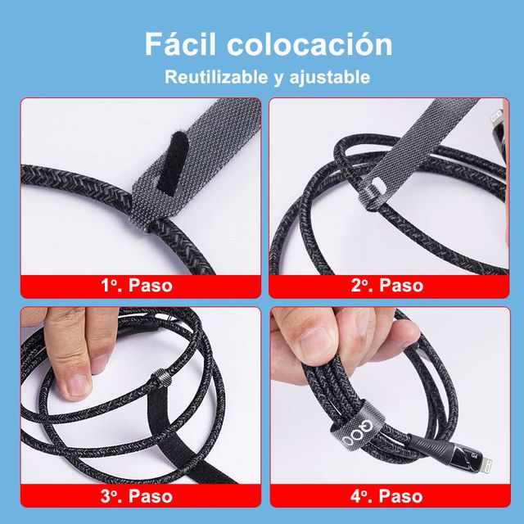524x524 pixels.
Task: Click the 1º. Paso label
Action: point(137,286)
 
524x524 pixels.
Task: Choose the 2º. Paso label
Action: point(387,286)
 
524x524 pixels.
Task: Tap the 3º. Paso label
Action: point(137,495)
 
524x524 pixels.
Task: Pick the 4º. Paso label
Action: point(387,495)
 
